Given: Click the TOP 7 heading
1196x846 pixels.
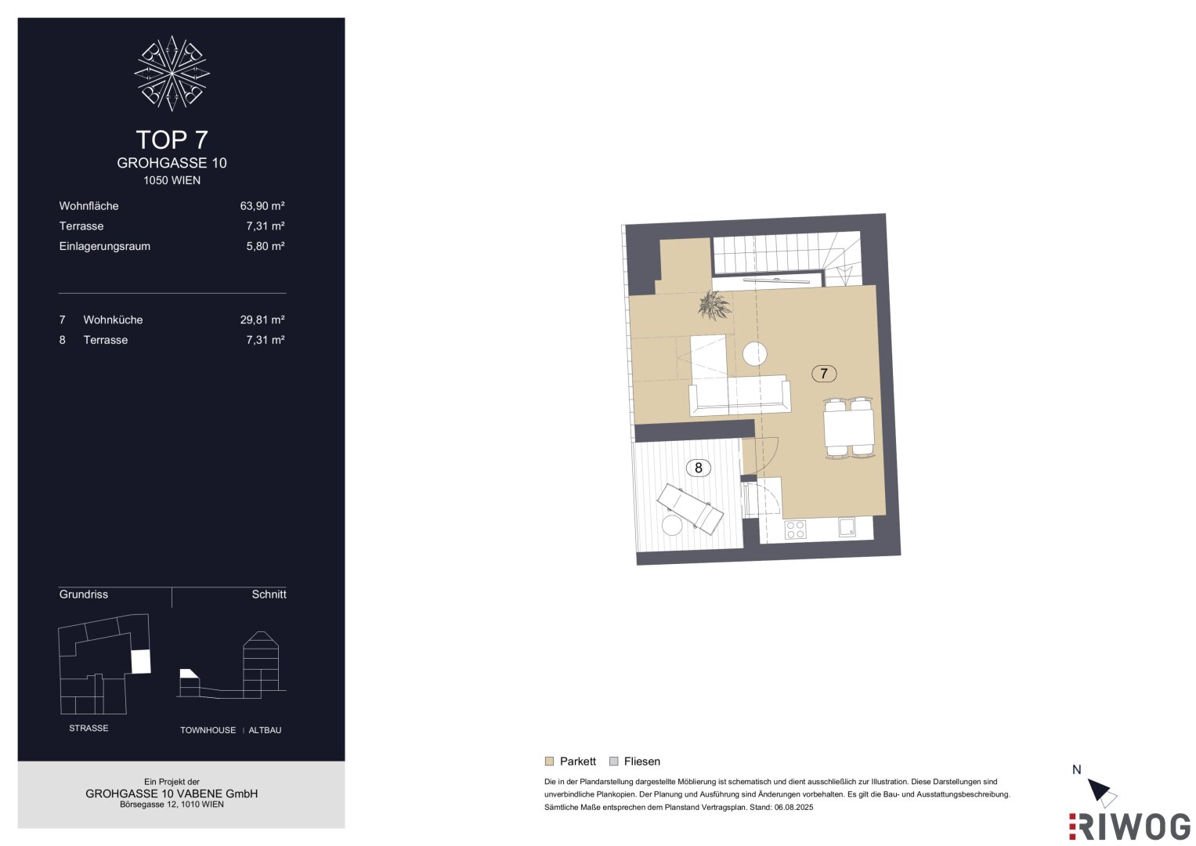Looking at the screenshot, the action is tap(172, 140).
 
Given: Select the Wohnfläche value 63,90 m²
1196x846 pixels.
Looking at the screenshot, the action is tap(262, 206).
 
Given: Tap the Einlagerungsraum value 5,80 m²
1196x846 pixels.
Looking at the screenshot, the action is tap(266, 247).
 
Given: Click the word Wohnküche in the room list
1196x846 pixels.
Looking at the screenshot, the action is tap(114, 320).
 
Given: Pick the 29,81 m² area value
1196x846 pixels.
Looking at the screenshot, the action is tap(262, 320).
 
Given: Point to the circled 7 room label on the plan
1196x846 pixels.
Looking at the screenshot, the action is tap(824, 374).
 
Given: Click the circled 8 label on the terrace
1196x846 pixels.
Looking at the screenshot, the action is tap(699, 468).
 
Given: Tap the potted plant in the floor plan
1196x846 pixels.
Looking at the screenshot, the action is tap(714, 305).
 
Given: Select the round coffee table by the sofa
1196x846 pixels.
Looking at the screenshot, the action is tap(755, 353).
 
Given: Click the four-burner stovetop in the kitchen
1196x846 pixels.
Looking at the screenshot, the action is tap(795, 530).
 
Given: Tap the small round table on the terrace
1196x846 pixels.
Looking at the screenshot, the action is tap(672, 526).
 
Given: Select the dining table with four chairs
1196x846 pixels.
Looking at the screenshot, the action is tap(849, 427).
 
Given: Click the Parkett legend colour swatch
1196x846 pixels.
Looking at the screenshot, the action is tap(549, 761).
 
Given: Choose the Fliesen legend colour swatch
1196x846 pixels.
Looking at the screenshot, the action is tap(614, 761).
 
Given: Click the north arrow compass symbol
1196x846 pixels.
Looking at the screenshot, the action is tap(1102, 793).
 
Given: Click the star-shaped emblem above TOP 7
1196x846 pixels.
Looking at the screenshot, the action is tap(172, 73).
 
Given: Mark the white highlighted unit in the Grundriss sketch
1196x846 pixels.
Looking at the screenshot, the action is tap(141, 661).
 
